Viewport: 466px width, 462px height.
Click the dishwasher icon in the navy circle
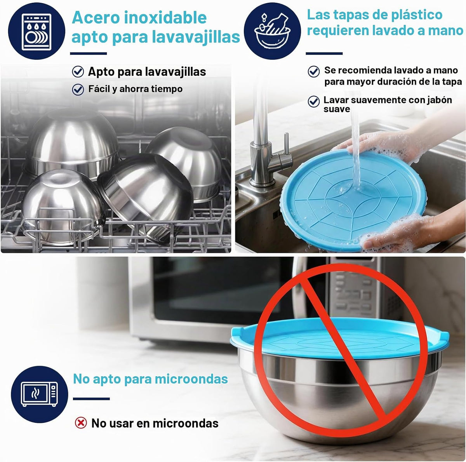tap(37, 32)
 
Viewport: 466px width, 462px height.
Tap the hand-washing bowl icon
tap(272, 31)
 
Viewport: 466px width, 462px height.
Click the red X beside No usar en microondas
tap(81, 423)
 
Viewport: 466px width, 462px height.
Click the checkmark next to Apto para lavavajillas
tap(78, 71)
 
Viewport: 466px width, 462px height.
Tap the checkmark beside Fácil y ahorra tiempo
tap(78, 90)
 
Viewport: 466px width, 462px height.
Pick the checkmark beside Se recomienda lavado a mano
tap(314, 71)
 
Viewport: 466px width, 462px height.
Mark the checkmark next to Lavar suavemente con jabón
tap(314, 102)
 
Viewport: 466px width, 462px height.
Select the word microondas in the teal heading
tap(191, 379)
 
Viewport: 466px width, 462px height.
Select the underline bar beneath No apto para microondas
tap(91, 399)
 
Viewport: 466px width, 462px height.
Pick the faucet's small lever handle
tap(286, 144)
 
